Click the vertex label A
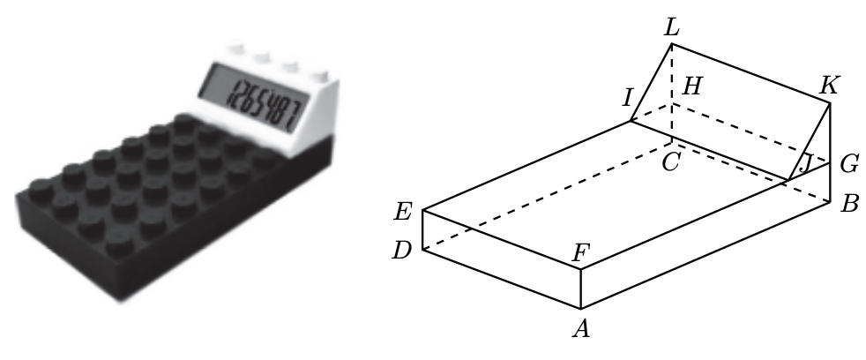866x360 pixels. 580,330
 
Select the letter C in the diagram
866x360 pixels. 671,161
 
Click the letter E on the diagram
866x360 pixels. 404,212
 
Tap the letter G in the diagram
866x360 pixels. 850,163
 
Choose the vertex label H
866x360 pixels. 693,86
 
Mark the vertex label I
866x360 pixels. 628,98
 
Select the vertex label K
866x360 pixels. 828,86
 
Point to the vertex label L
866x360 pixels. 672,28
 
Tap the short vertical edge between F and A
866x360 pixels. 581,289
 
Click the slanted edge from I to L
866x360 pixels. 652,82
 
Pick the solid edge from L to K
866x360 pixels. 750,72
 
